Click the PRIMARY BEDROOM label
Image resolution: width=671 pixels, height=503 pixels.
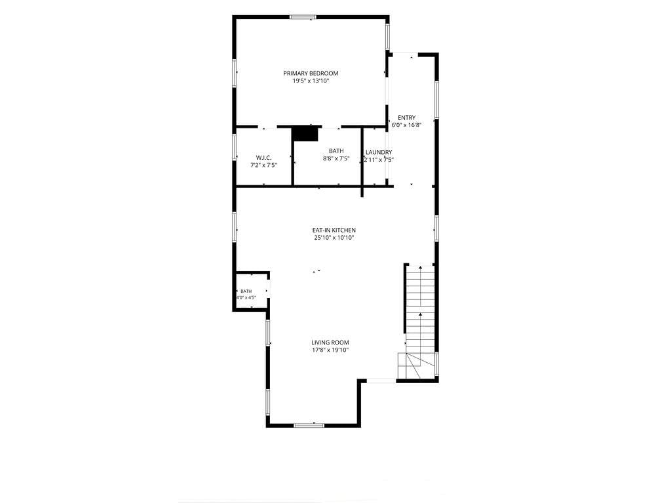coord(311,73)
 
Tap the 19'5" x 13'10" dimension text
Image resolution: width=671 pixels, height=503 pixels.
coord(311,81)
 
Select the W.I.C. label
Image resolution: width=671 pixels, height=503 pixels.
coord(263,158)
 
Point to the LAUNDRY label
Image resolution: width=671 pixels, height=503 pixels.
coord(379,152)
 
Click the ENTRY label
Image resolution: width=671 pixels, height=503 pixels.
coord(406,118)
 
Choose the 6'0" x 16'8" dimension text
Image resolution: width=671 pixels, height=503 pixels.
coord(406,125)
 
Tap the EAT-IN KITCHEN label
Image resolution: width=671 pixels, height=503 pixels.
coord(334,230)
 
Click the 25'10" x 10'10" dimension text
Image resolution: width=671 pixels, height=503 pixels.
coord(334,238)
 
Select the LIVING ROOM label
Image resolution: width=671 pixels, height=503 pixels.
coord(330,342)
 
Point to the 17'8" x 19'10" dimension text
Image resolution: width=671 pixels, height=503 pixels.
coord(330,350)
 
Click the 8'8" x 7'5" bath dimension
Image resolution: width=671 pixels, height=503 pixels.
coord(336,158)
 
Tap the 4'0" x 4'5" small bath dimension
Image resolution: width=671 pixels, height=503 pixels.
coord(246,297)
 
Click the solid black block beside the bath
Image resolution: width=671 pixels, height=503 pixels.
coord(306,134)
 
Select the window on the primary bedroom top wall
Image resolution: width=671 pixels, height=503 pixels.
coord(303,17)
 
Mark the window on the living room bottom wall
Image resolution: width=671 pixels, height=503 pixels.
coord(309,425)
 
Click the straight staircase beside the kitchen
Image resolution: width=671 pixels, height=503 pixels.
coord(421,309)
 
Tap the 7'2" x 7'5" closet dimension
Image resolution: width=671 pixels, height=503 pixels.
coord(263,166)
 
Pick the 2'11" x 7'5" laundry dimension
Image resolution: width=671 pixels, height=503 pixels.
coord(379,160)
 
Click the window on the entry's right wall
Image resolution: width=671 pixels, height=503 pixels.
coord(436,100)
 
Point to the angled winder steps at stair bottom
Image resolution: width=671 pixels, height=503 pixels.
coord(417,366)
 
